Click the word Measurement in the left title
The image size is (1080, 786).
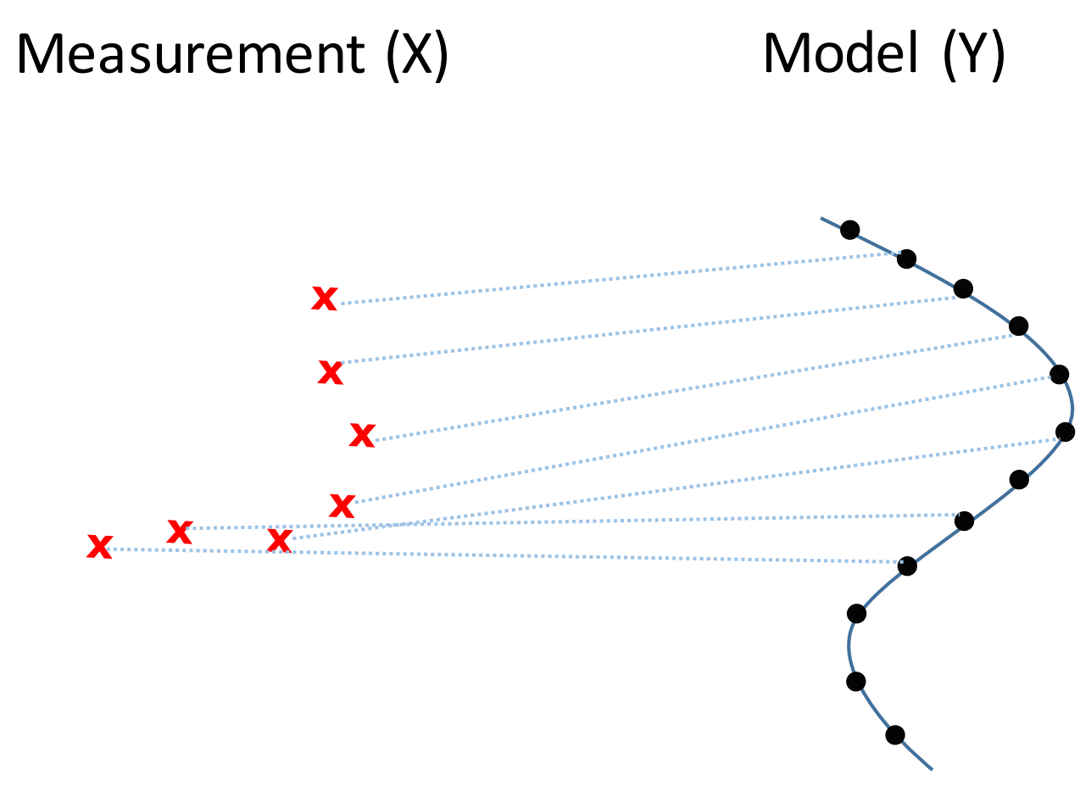(191, 54)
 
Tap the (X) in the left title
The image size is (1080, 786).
(417, 55)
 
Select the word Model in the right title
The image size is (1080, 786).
(840, 53)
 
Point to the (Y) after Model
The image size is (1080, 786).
(973, 55)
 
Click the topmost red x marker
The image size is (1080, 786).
(325, 298)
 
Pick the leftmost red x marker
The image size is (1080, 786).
(100, 547)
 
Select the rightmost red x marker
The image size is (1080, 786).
(362, 436)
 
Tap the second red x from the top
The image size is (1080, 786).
(331, 373)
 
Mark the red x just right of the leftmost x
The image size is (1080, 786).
(180, 532)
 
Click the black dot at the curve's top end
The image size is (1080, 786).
(850, 230)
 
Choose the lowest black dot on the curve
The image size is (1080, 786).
(895, 735)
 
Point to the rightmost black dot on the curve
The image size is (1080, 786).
(1065, 432)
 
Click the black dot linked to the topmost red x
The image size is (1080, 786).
(906, 259)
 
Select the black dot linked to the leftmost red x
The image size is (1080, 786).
(907, 566)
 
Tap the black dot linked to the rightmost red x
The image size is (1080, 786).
(1018, 326)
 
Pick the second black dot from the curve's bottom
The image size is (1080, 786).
(856, 682)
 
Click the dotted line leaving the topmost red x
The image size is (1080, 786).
(620, 278)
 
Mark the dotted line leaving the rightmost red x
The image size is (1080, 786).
(694, 387)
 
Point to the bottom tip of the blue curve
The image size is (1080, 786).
(932, 770)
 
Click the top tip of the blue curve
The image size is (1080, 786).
(821, 219)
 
